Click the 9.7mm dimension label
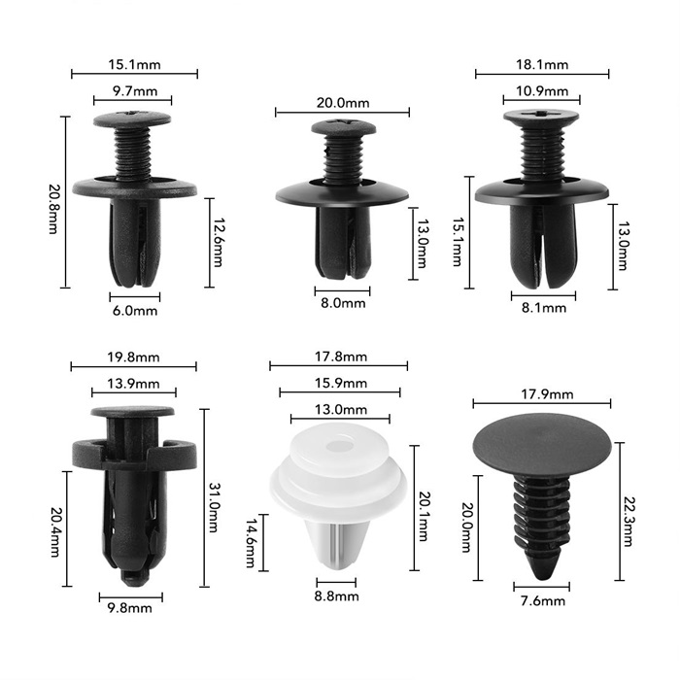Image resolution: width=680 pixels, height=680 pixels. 135,91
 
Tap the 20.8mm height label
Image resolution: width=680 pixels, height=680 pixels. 53,210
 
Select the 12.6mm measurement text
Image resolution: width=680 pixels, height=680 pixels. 218,243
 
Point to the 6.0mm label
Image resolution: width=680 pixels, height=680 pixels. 135,311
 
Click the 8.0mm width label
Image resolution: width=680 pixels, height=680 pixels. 343,303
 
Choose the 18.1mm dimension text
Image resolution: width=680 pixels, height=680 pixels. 542,65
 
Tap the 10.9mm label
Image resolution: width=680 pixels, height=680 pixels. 542,91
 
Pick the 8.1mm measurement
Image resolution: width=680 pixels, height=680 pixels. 544,308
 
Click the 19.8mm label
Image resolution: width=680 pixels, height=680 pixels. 134,357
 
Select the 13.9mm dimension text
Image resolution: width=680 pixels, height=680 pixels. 134,384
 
